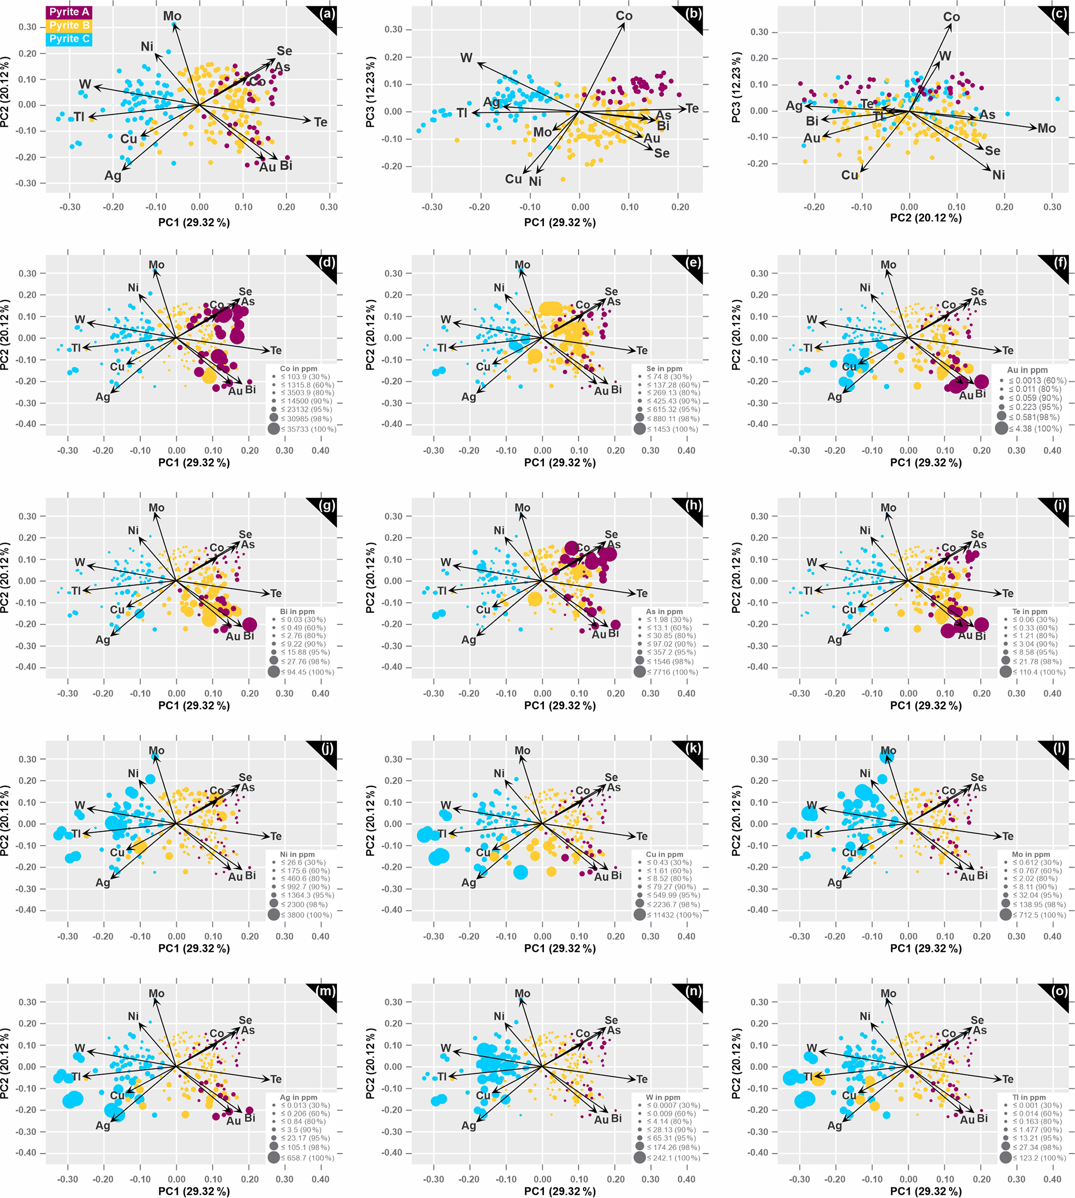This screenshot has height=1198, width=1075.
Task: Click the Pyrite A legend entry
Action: (x=69, y=12)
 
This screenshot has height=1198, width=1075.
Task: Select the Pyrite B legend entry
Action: (x=69, y=26)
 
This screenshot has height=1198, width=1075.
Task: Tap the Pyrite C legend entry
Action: (x=69, y=39)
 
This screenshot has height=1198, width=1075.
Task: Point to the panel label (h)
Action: (x=693, y=505)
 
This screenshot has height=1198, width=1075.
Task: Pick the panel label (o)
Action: (x=1059, y=991)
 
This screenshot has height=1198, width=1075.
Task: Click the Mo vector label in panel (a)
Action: (x=173, y=17)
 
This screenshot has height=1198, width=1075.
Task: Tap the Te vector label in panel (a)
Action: (x=320, y=122)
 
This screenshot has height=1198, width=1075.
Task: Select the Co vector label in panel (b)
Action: (x=624, y=16)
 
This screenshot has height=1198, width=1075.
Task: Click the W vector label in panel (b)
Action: (x=467, y=58)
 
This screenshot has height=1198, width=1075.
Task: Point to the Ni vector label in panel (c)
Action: (x=998, y=175)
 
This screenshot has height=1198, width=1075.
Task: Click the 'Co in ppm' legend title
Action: (x=299, y=369)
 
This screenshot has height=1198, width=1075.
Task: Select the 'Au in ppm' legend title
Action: (x=1027, y=370)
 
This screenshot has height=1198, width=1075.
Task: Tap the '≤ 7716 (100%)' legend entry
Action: (x=672, y=672)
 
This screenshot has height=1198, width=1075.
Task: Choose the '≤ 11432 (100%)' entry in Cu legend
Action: (x=674, y=915)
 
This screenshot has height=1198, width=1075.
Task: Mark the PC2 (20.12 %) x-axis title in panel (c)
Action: (x=926, y=218)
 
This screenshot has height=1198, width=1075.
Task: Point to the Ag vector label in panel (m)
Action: (x=103, y=1125)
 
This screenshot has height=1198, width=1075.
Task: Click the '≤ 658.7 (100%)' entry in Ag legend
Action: (x=307, y=1158)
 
